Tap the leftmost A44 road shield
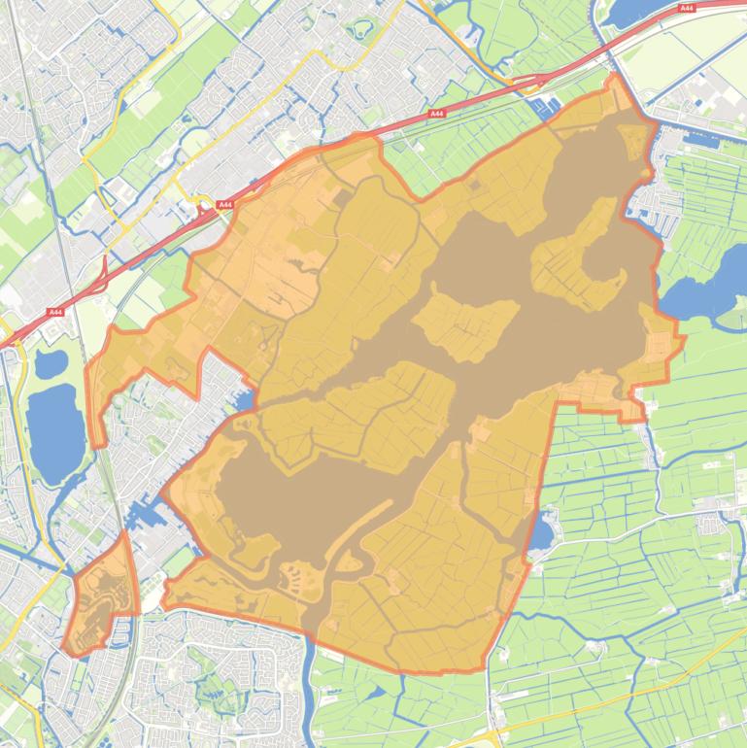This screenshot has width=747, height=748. [54, 313]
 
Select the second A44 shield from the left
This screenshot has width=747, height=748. [225, 205]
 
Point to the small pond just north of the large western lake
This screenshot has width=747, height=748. [51, 363]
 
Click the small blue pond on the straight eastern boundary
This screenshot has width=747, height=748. [542, 530]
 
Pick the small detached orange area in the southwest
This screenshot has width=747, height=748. [101, 597]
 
